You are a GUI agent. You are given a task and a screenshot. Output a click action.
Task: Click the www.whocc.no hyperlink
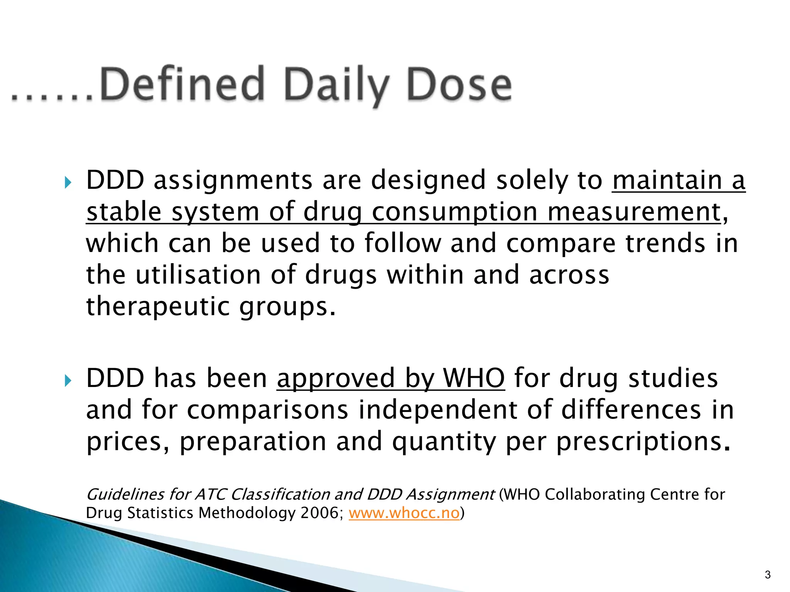pos(404,513)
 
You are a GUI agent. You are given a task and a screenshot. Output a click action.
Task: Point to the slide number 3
pos(768,575)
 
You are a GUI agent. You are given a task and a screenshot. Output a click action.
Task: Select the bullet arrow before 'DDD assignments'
pos(68,182)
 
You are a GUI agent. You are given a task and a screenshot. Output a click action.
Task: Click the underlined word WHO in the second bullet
pos(474,378)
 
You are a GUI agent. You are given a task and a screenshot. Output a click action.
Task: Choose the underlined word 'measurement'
pos(634,212)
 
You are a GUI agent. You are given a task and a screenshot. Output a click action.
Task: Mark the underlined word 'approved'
pos(336,379)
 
